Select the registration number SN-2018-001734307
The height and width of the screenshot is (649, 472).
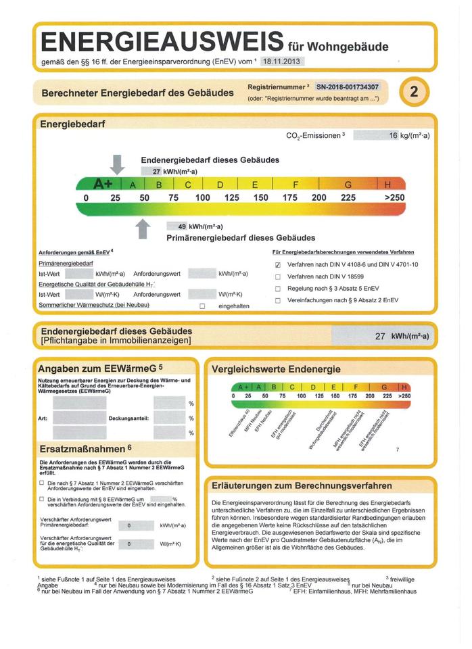click(x=348, y=87)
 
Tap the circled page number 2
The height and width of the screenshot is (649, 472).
click(x=415, y=93)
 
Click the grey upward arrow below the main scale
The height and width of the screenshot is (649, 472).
click(x=143, y=229)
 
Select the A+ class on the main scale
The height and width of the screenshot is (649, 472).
click(x=103, y=184)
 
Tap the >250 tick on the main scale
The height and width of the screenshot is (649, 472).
click(x=394, y=197)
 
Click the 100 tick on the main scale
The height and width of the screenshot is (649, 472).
click(x=202, y=197)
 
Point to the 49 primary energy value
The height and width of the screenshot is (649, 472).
click(x=182, y=226)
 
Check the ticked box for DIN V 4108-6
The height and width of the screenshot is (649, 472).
click(x=278, y=264)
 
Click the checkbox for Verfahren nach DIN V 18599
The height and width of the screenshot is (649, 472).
click(x=278, y=277)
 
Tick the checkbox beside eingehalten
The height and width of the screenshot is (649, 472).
click(x=202, y=306)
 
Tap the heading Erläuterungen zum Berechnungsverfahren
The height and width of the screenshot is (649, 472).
click(x=302, y=485)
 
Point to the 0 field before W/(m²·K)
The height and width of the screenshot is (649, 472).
click(x=129, y=544)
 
